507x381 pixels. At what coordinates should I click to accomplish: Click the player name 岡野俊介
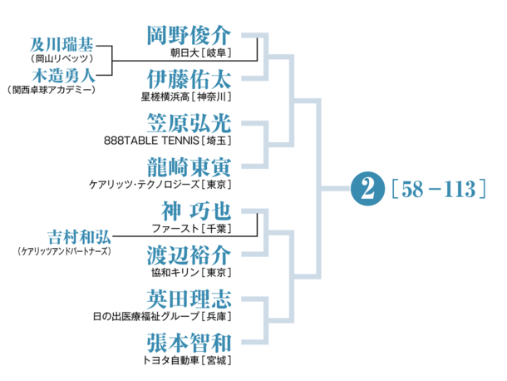(188, 36)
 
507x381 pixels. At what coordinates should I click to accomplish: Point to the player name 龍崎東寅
(188, 166)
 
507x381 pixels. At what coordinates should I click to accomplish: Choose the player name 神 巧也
(188, 210)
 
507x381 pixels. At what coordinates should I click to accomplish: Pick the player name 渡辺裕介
(188, 254)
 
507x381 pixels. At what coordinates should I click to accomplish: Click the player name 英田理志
(188, 298)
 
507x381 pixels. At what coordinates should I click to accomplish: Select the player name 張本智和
(188, 341)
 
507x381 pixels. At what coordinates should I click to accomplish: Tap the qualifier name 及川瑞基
(61, 44)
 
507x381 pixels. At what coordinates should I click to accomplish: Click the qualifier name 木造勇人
(61, 74)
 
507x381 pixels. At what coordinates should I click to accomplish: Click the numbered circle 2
(363, 188)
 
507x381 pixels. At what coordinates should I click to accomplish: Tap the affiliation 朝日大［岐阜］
(199, 53)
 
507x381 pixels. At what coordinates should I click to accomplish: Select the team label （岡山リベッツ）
(61, 59)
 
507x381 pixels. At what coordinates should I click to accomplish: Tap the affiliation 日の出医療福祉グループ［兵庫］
(162, 315)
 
